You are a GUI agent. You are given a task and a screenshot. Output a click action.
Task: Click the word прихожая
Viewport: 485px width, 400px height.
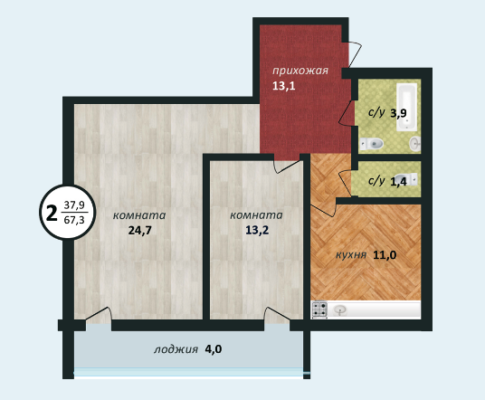[x=300, y=71]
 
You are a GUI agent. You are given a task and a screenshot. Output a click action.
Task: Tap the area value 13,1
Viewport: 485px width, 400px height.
[x=283, y=86]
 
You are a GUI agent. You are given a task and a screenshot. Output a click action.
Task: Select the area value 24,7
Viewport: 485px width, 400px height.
[x=140, y=231]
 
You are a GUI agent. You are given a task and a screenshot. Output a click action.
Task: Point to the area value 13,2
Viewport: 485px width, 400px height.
[x=257, y=230]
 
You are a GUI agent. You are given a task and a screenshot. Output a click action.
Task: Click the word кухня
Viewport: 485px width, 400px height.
[x=351, y=255]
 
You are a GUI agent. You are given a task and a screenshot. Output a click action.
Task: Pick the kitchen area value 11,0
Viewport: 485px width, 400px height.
[x=385, y=255]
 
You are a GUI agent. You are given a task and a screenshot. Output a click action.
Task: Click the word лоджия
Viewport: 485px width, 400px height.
[x=176, y=349]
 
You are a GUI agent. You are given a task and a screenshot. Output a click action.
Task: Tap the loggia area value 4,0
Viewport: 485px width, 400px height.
[x=214, y=349]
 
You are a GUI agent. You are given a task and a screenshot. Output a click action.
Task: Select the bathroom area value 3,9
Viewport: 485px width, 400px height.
[x=398, y=113]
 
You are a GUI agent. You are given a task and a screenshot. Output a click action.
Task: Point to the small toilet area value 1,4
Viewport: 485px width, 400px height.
[x=398, y=182]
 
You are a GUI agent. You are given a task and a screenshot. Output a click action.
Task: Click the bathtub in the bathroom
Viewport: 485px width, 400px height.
[x=407, y=107]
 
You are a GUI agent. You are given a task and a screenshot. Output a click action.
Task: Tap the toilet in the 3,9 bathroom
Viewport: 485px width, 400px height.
[x=372, y=144]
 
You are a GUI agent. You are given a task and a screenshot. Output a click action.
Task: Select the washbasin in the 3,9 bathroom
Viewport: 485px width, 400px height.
[x=414, y=143]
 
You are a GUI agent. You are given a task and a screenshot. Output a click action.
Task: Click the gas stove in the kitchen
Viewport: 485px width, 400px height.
[x=319, y=310]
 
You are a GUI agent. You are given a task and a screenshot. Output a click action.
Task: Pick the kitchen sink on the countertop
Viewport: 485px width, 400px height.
[x=340, y=310]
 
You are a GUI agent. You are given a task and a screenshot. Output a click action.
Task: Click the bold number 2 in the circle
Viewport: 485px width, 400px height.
[x=52, y=214]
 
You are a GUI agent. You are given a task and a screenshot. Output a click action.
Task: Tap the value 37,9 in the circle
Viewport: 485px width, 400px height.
[x=74, y=205]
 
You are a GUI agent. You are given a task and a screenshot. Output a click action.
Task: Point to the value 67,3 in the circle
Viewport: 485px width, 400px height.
[x=74, y=220]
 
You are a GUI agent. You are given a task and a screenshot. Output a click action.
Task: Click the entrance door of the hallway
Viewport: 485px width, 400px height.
[x=355, y=53]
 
